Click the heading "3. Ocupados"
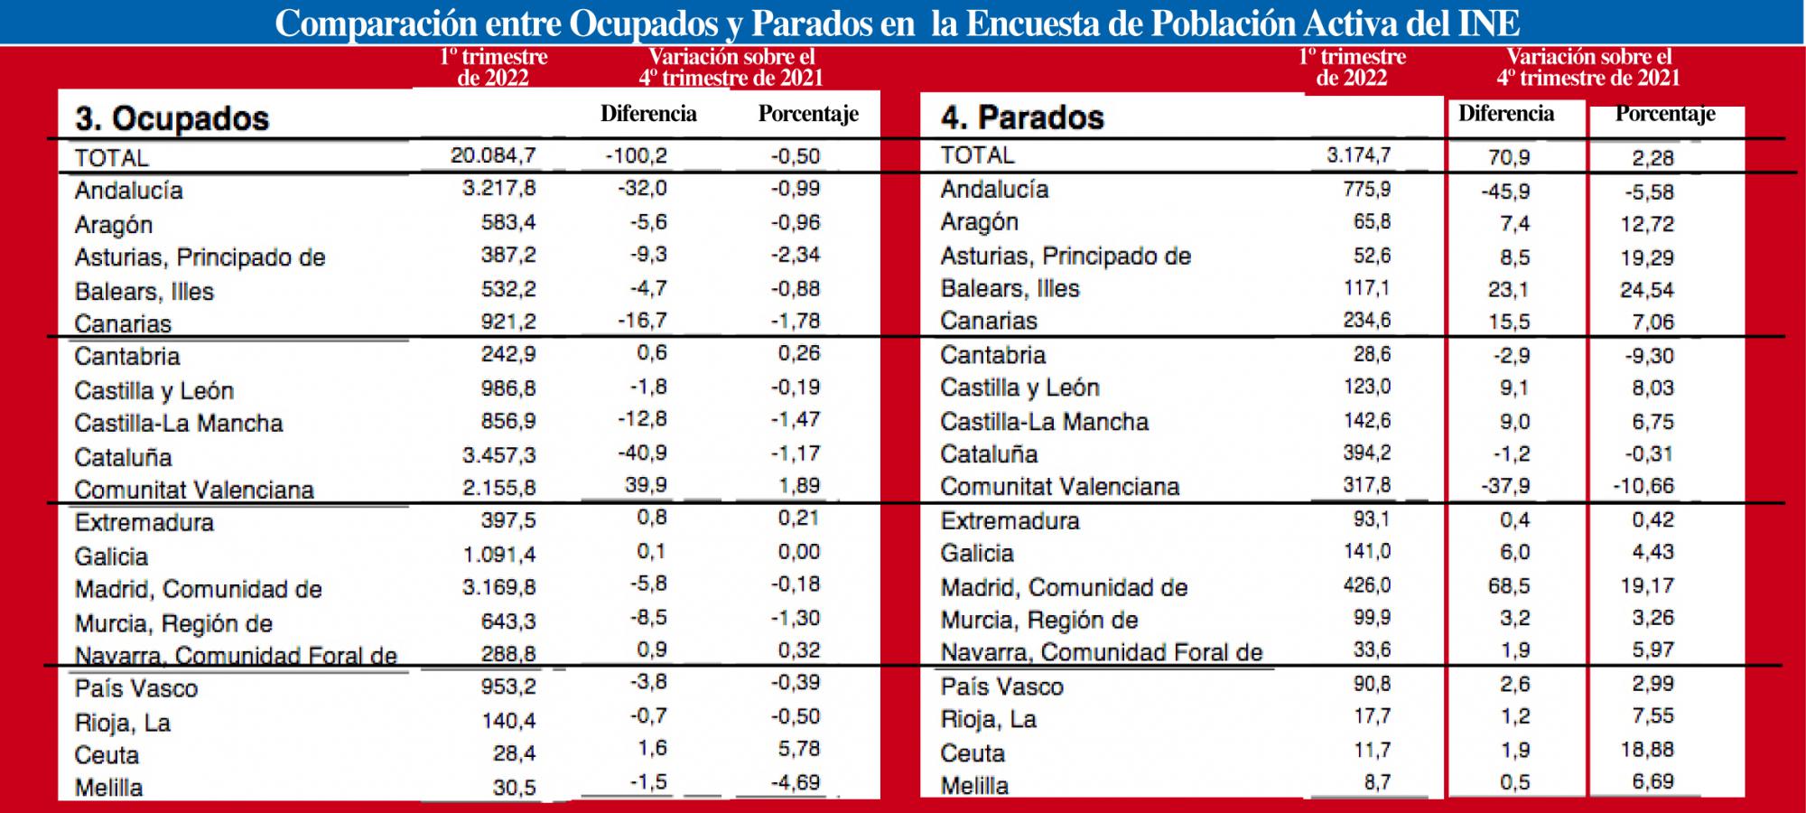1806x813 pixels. tap(172, 118)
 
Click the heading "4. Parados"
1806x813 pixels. tap(1022, 117)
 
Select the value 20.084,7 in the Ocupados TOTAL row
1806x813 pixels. tap(493, 155)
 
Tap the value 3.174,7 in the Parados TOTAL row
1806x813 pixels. tap(1358, 154)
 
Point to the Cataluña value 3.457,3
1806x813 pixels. tap(498, 453)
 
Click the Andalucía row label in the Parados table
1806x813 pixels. tap(994, 190)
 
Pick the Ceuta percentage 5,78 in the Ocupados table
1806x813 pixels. tap(798, 749)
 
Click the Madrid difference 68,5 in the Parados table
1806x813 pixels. tap(1509, 586)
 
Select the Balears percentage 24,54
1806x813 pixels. tap(1647, 290)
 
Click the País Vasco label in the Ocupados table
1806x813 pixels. tap(135, 688)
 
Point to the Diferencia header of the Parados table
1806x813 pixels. tap(1506, 114)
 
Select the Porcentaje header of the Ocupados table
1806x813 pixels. tap(808, 114)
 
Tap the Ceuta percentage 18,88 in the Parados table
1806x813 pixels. tap(1647, 750)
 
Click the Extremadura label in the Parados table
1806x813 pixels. tap(1010, 520)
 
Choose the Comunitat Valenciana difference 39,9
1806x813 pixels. tap(646, 486)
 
